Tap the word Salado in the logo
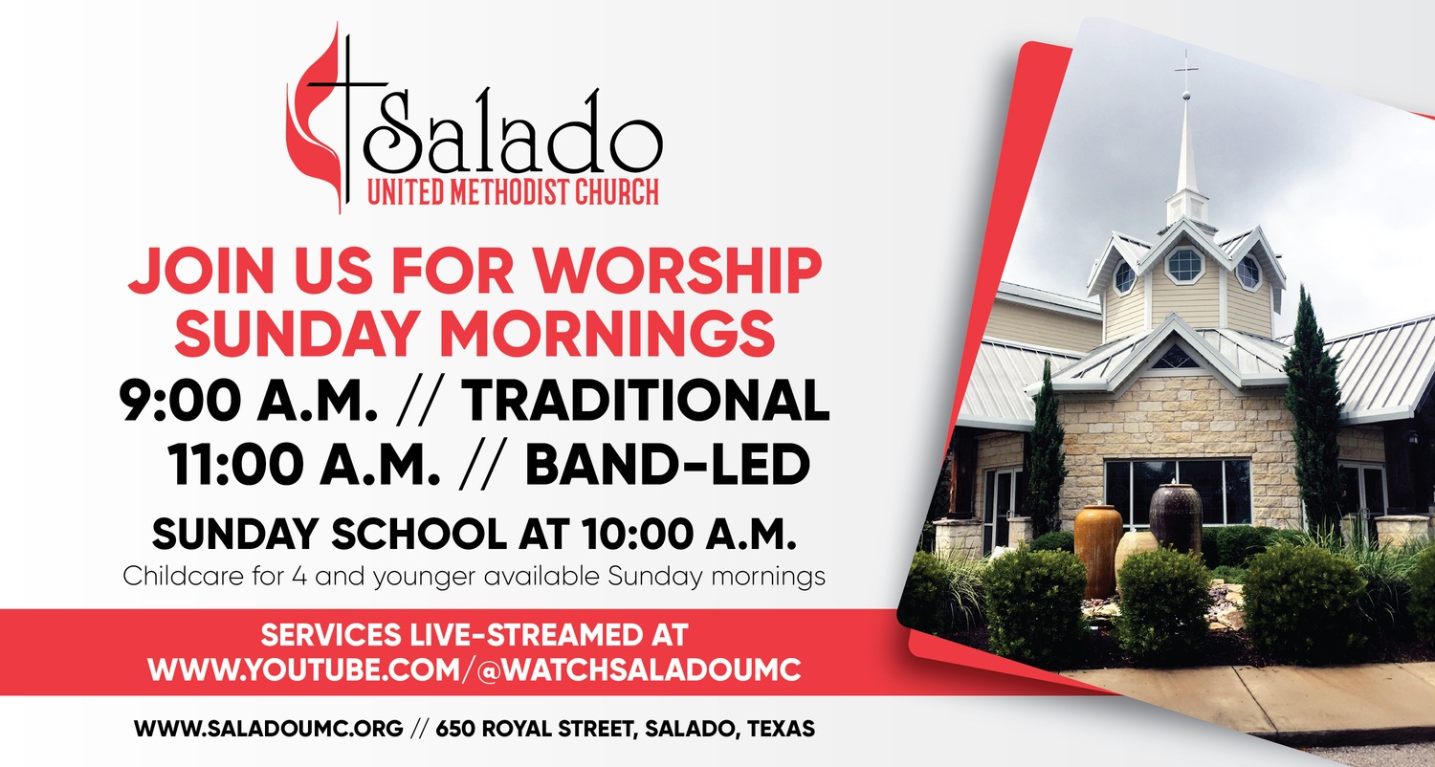click(513, 135)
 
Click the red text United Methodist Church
click(513, 192)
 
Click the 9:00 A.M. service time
click(248, 401)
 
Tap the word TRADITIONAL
click(645, 401)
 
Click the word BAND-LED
click(668, 464)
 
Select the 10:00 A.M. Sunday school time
click(690, 534)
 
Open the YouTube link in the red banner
click(475, 669)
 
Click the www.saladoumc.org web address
click(269, 729)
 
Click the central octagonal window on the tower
click(1184, 264)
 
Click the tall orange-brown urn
click(1098, 549)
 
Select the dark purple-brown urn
click(1176, 516)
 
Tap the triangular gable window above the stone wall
click(1175, 358)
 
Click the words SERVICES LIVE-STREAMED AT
click(475, 635)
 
